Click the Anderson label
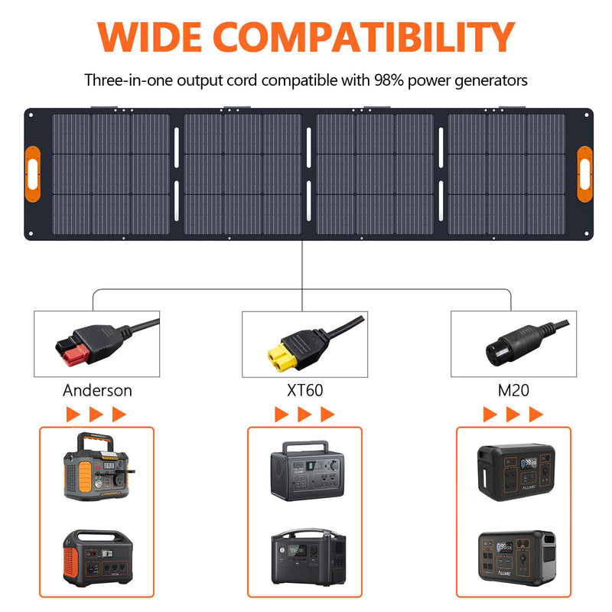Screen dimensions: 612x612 click(97, 390)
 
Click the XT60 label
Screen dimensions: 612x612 click(304, 390)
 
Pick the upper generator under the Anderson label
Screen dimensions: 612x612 click(96, 468)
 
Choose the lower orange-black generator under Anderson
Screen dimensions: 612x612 click(96, 555)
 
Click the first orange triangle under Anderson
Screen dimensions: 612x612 click(73, 415)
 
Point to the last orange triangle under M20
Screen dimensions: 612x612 click(536, 415)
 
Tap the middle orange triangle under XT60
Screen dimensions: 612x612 click(305, 415)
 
